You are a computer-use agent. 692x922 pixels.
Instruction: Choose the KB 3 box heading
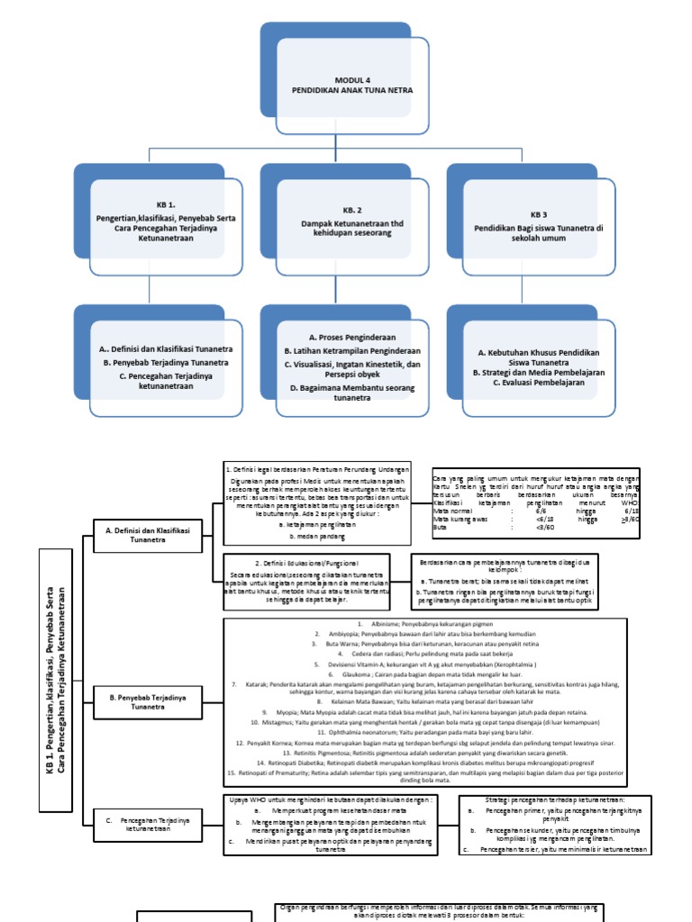(539, 215)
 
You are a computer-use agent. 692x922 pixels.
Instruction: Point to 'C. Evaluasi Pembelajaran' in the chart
(539, 382)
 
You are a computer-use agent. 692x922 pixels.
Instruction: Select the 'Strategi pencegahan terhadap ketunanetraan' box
(554, 799)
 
